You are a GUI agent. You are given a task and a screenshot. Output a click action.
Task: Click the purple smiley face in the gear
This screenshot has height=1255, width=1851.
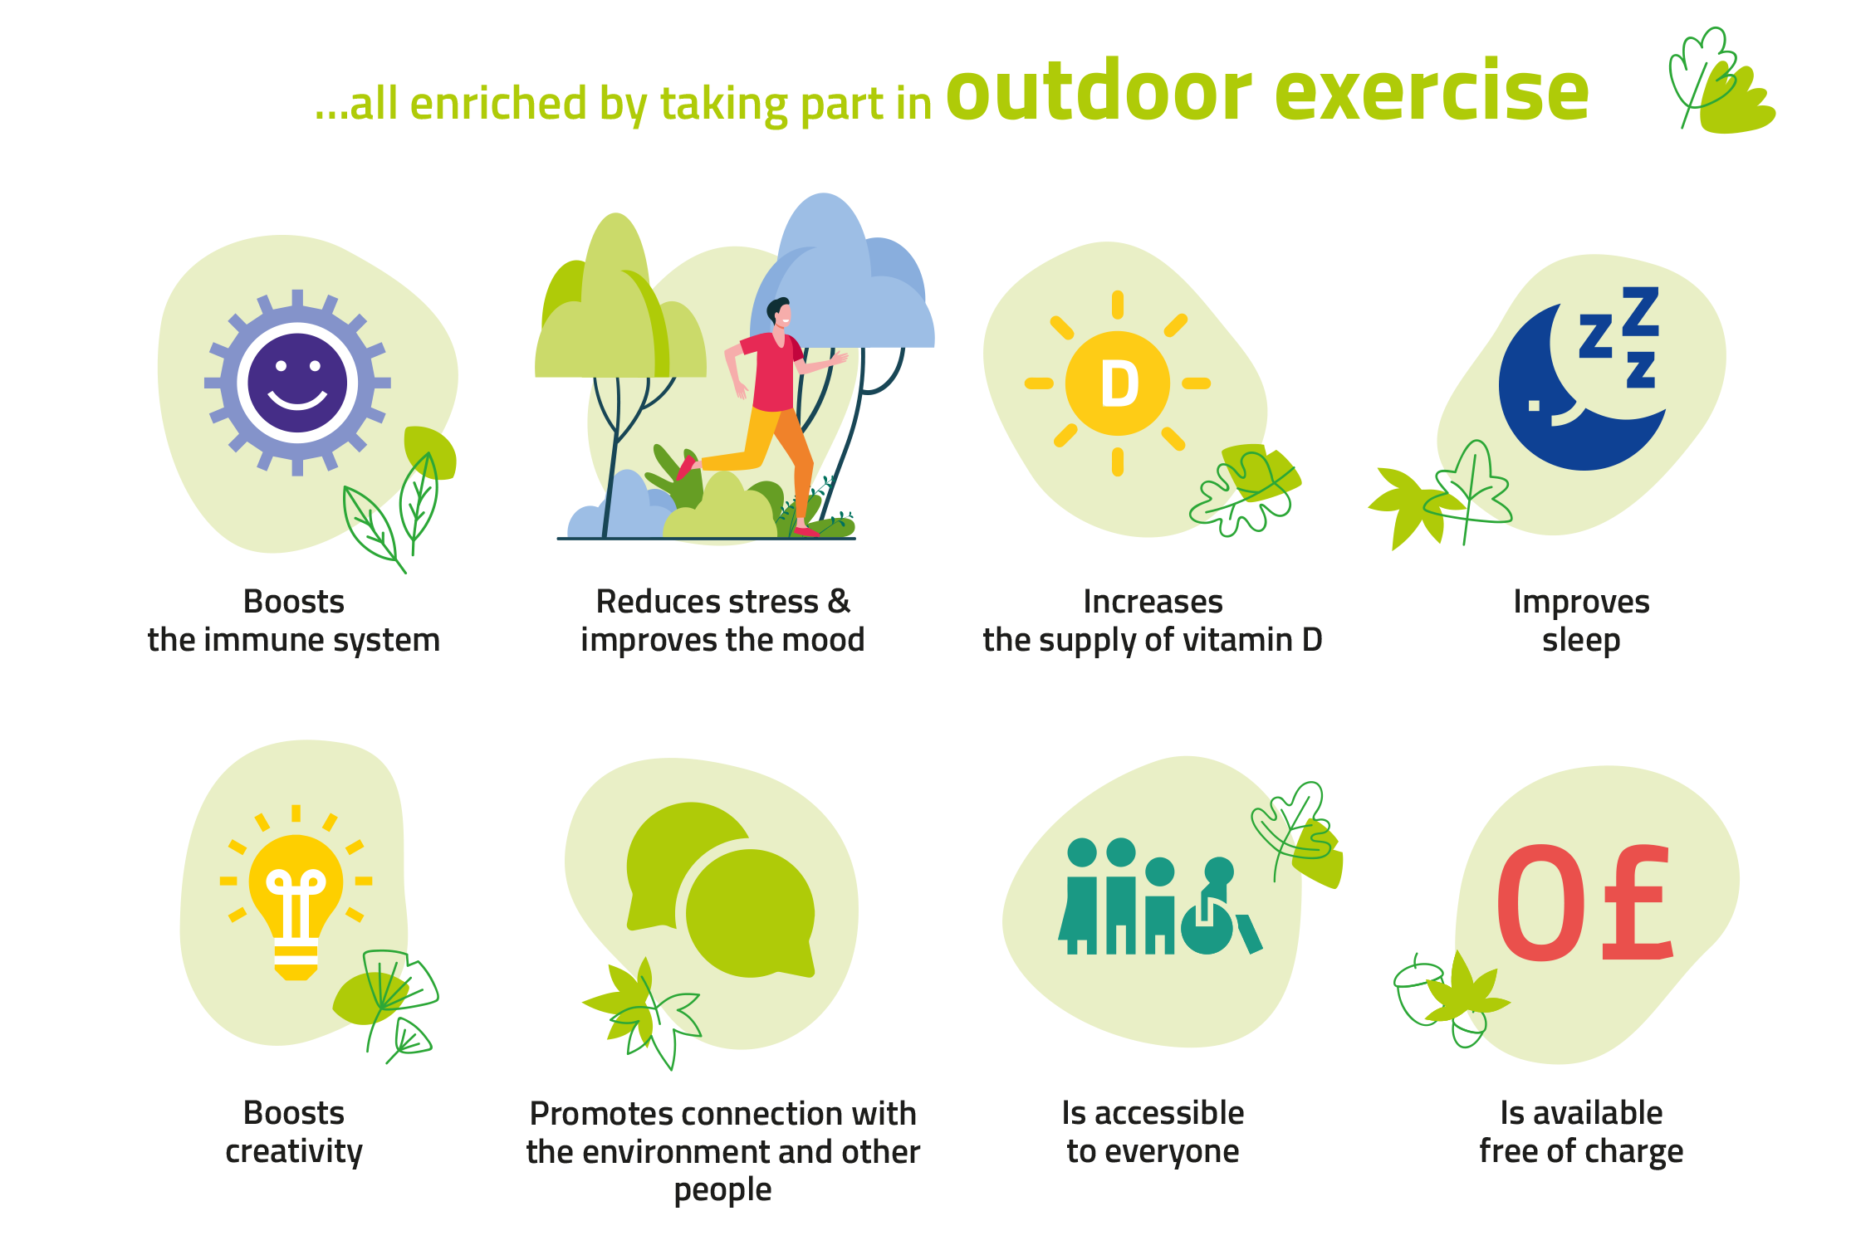point(297,383)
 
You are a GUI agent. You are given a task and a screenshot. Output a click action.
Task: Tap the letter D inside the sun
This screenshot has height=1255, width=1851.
point(1119,384)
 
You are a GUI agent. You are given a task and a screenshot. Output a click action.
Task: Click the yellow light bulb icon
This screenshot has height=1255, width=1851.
point(296,907)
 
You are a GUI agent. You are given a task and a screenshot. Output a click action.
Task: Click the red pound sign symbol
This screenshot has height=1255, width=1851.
point(1636,902)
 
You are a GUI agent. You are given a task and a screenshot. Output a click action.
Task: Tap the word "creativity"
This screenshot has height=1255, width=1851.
point(294,1152)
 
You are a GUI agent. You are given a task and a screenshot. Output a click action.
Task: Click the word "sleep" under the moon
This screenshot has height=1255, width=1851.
point(1581,641)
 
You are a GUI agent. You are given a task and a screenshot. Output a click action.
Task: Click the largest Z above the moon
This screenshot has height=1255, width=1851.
point(1640,311)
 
